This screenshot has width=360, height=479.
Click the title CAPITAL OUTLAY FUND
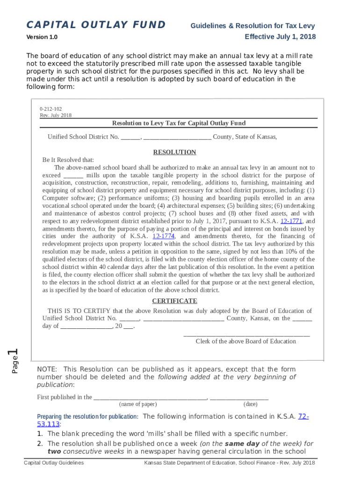click(x=96, y=25)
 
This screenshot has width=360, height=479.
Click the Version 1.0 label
click(x=45, y=37)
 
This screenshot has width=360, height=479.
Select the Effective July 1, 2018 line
click(x=280, y=36)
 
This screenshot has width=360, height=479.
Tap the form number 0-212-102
click(x=51, y=109)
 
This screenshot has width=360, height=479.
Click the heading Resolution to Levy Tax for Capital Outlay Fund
click(x=179, y=123)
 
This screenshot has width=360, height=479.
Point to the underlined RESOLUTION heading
click(x=175, y=152)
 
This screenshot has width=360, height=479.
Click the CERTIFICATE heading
click(x=175, y=301)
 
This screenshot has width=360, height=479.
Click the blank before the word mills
click(x=73, y=175)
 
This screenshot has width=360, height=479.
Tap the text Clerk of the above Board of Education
click(x=245, y=341)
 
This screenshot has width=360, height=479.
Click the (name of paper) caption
click(x=138, y=404)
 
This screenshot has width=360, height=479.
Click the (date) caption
click(x=250, y=404)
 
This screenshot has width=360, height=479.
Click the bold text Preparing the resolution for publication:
click(x=87, y=417)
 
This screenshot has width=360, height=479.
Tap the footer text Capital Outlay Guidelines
click(x=54, y=463)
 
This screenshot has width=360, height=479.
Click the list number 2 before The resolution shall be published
click(x=40, y=443)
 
